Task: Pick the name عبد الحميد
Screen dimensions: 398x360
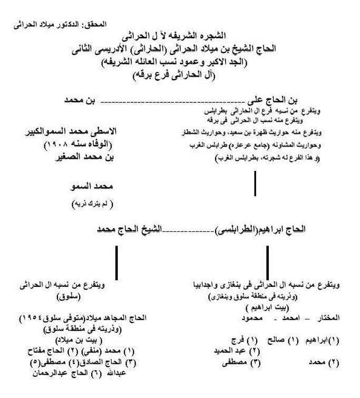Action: [234, 351]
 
